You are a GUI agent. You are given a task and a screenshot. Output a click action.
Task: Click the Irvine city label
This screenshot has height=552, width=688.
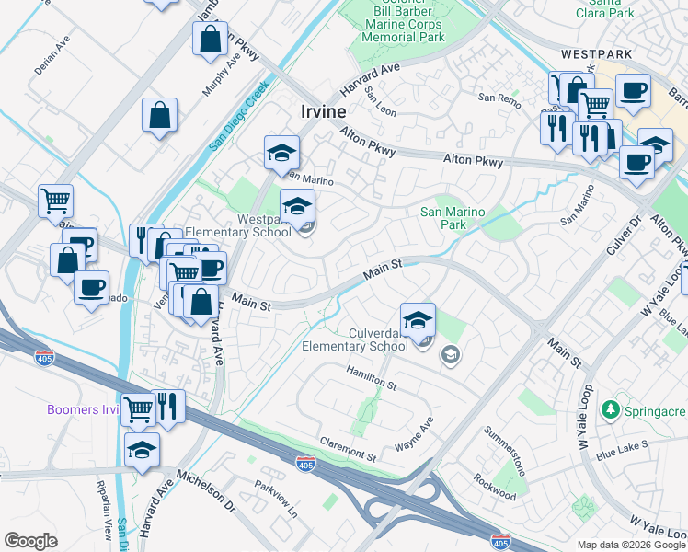point(323,111)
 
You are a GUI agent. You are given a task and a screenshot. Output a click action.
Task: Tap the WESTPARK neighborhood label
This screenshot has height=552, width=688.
point(598,54)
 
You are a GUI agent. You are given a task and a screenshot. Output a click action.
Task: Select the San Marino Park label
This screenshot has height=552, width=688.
point(452,218)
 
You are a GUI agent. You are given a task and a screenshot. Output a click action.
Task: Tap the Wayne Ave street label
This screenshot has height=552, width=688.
point(414,434)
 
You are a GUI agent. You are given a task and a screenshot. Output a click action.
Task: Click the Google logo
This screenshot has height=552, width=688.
point(30,540)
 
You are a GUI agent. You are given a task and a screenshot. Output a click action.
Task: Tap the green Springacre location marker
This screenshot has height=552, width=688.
point(608,408)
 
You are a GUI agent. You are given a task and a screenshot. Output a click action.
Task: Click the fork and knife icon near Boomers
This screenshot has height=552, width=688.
point(168,406)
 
